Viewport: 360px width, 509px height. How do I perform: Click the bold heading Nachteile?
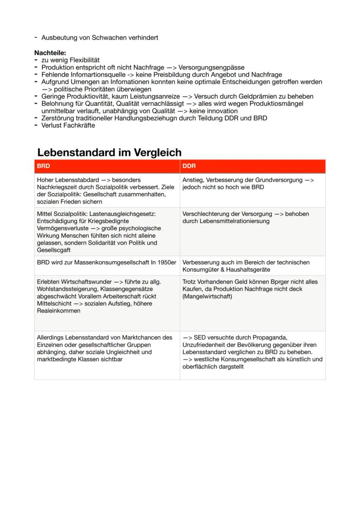[50, 52]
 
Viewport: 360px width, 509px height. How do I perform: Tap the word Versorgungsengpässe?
[211, 67]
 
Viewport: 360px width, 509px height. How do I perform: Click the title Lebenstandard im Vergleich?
[109, 153]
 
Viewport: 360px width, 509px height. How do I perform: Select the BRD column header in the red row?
[43, 166]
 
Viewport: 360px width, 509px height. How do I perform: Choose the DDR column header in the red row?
[189, 166]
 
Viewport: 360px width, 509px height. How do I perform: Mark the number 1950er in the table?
[167, 263]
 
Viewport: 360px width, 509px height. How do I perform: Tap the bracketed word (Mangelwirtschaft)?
[207, 296]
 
